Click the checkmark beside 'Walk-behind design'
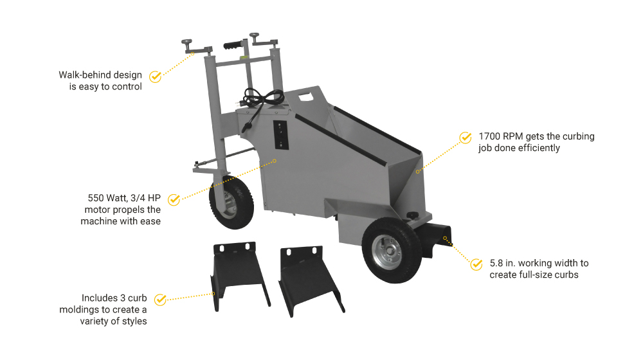(156, 76)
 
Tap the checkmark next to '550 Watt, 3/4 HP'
(174, 199)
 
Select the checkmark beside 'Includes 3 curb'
(160, 300)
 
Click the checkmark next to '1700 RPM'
(466, 138)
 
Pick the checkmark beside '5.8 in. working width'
(476, 264)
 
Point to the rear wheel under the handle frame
(230, 202)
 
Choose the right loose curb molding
(311, 280)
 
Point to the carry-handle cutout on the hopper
(305, 97)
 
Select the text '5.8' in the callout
(496, 263)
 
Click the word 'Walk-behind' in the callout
(85, 75)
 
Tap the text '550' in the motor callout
(96, 198)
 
